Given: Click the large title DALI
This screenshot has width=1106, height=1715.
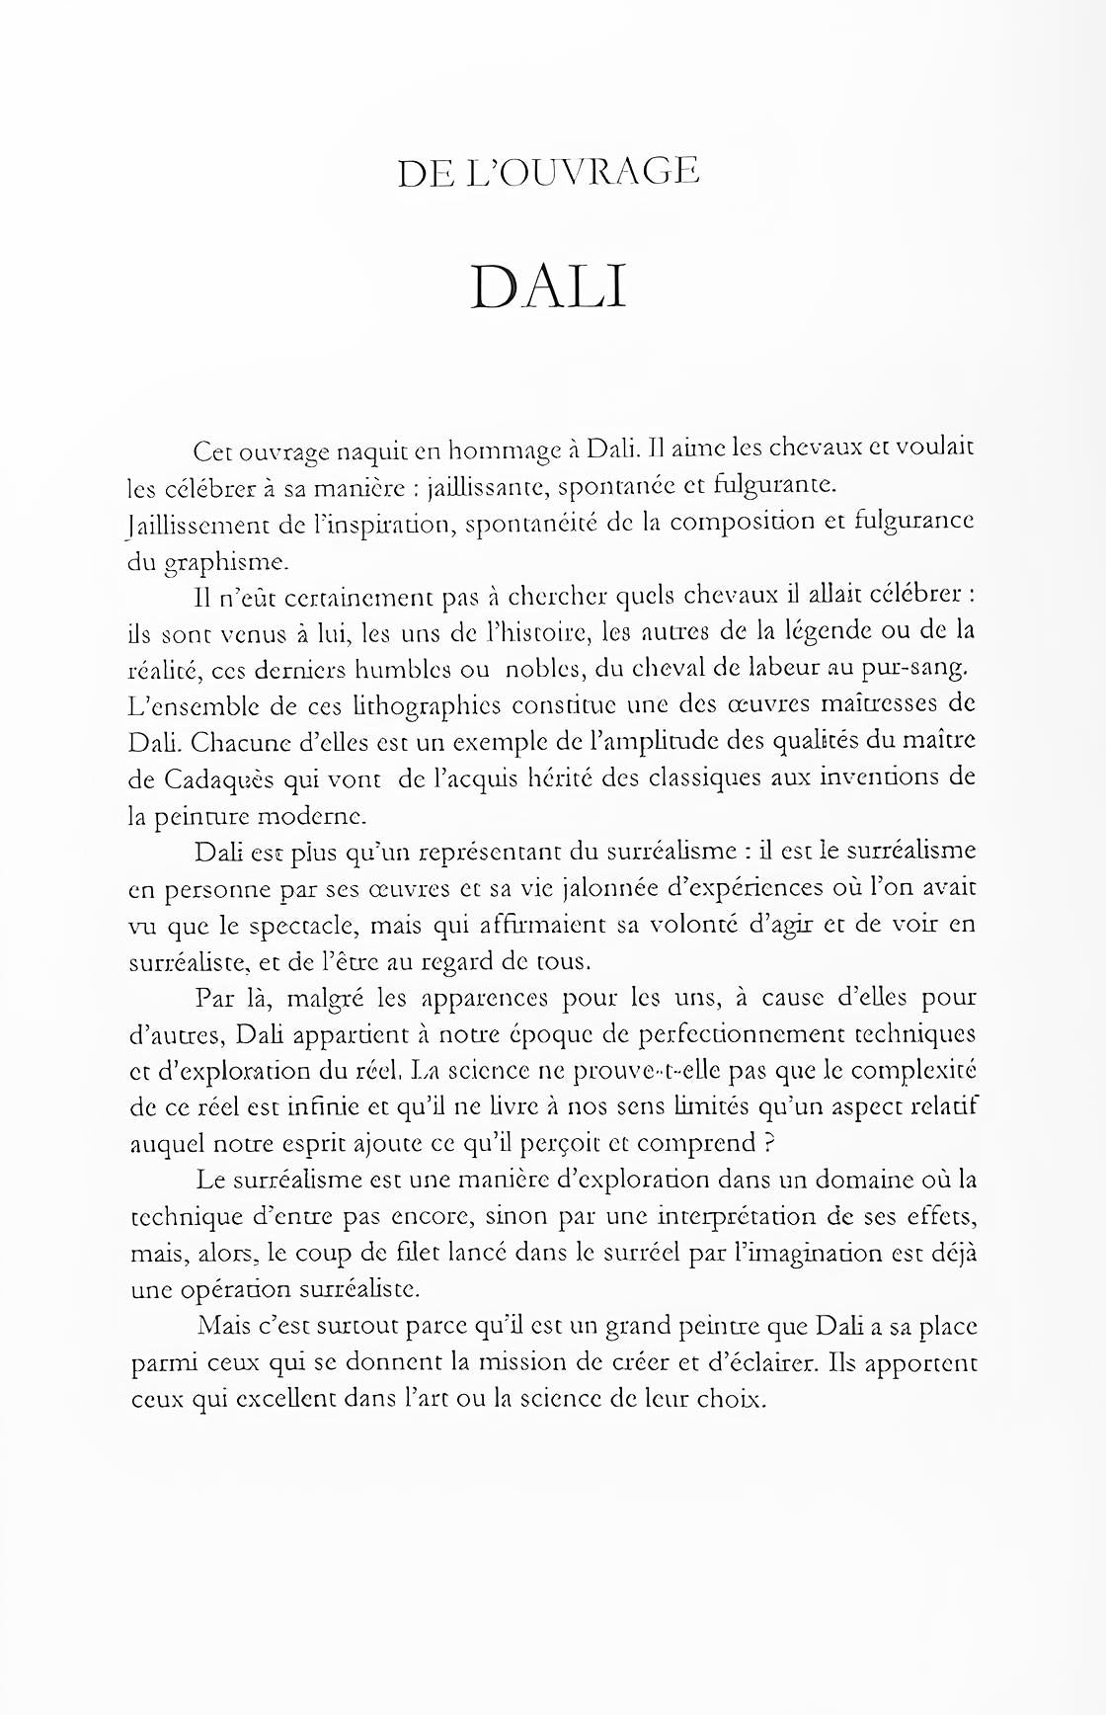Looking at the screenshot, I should coord(549,287).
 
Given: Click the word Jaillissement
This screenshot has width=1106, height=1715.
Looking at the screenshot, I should coord(193,524).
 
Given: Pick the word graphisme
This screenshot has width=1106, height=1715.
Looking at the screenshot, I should coord(225,562).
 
